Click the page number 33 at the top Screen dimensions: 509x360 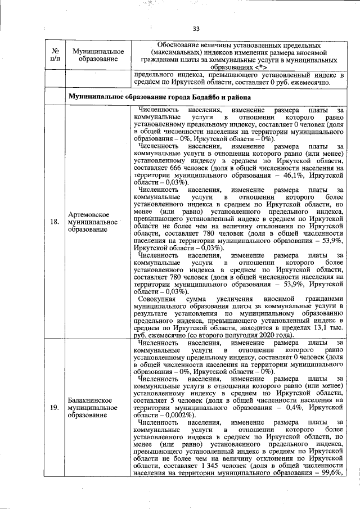tap(196, 29)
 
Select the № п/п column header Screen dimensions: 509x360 tap(54, 54)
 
